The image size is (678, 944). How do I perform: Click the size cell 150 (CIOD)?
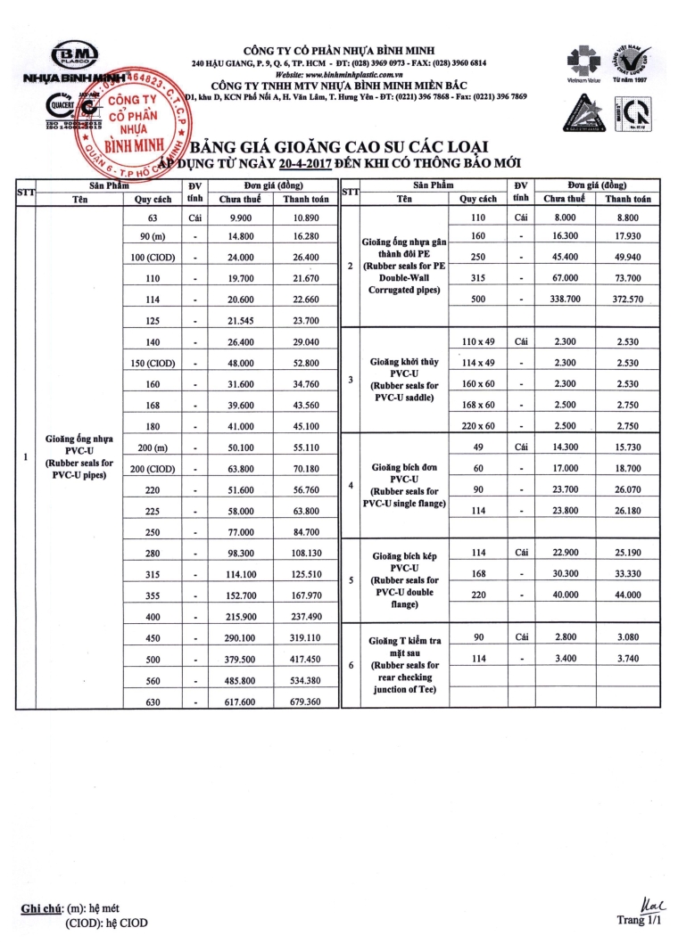(x=153, y=362)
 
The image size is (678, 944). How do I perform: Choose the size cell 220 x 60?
(x=478, y=424)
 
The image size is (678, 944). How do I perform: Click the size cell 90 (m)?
(x=153, y=236)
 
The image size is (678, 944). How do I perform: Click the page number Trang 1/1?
(x=641, y=919)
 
